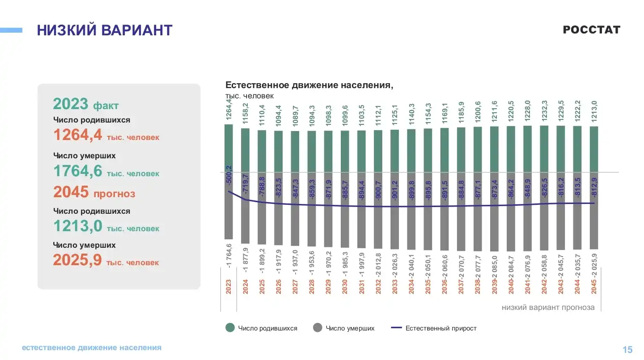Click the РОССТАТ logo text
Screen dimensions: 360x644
pyautogui.click(x=591, y=30)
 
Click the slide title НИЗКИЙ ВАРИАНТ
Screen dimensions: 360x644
pyautogui.click(x=105, y=30)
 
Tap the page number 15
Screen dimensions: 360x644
pyautogui.click(x=627, y=350)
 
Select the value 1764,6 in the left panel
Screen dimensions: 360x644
pyautogui.click(x=78, y=171)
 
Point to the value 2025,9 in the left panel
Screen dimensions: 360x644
pyautogui.click(x=77, y=260)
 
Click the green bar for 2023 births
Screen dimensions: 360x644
pyautogui.click(x=229, y=148)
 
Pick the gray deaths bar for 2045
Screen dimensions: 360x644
pyautogui.click(x=593, y=210)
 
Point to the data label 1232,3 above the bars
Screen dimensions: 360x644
pyautogui.click(x=544, y=112)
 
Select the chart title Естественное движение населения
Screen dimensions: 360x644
pyautogui.click(x=309, y=85)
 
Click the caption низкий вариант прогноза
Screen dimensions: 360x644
pyautogui.click(x=548, y=308)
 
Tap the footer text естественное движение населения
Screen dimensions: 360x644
pyautogui.click(x=92, y=347)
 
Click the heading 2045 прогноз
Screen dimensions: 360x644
pyautogui.click(x=94, y=192)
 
